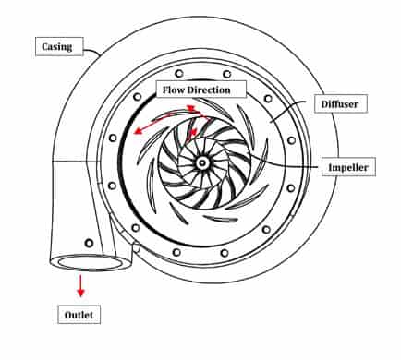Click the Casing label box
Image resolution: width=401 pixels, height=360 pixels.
pyautogui.click(x=59, y=46)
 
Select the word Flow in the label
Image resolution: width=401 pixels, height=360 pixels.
pyautogui.click(x=174, y=90)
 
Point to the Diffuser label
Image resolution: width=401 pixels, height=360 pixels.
pyautogui.click(x=340, y=103)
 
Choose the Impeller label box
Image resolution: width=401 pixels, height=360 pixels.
pyautogui.click(x=348, y=167)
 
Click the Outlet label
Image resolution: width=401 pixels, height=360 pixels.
pyautogui.click(x=79, y=315)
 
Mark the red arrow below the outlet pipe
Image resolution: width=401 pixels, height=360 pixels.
pyautogui.click(x=80, y=286)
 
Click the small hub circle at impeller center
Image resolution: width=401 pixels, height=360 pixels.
pyautogui.click(x=201, y=163)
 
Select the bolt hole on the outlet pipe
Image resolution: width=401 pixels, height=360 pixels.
pyautogui.click(x=89, y=243)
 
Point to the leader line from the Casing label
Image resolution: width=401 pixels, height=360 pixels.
pyautogui.click(x=92, y=52)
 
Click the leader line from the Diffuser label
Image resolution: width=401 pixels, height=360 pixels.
pyautogui.click(x=288, y=110)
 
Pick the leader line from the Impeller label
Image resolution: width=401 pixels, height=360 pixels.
pyautogui.click(x=286, y=163)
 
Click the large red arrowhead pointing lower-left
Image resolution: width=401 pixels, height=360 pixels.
pyautogui.click(x=138, y=130)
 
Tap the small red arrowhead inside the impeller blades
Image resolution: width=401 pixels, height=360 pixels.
pyautogui.click(x=193, y=133)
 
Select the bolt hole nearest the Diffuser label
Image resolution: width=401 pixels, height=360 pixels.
pyautogui.click(x=268, y=99)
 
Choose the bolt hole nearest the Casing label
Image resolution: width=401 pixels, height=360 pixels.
pyautogui.click(x=138, y=97)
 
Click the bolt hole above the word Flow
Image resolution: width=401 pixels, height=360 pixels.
pyautogui.click(x=178, y=74)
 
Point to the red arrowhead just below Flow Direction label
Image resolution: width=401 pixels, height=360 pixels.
pyautogui.click(x=191, y=108)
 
